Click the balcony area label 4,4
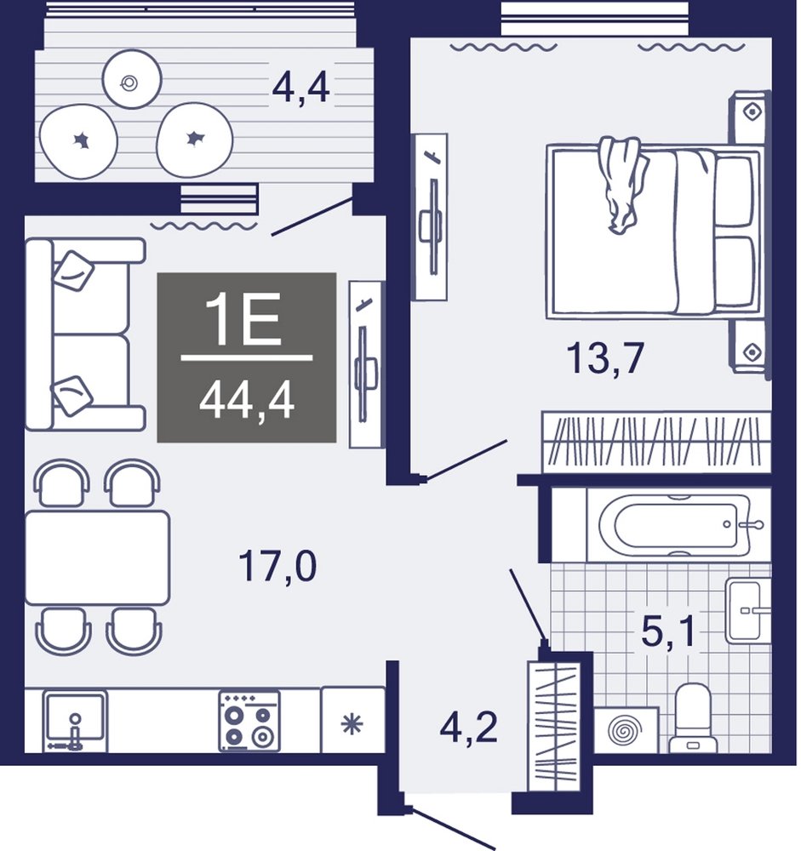(300, 88)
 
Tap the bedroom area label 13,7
(605, 358)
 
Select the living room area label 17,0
(277, 566)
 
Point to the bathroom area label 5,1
(667, 632)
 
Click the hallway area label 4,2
(469, 728)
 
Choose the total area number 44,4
(247, 402)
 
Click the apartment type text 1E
(243, 322)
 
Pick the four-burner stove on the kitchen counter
(249, 721)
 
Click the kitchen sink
(75, 721)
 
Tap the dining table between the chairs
(98, 557)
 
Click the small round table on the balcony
(132, 79)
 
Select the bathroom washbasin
(748, 610)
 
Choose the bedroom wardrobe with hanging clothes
(657, 441)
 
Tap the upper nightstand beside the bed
(751, 117)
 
